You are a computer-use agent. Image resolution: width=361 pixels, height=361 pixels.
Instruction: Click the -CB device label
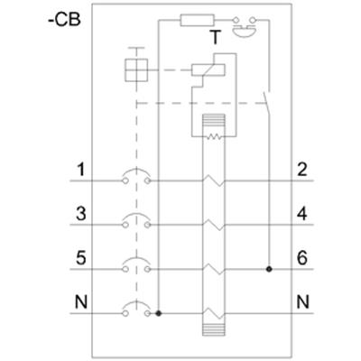tap(64, 20)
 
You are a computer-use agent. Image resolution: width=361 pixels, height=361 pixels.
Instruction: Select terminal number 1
tap(80, 170)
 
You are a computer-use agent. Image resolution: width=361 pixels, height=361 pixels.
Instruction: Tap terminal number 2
tap(301, 170)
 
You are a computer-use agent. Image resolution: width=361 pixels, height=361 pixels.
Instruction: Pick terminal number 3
tap(80, 214)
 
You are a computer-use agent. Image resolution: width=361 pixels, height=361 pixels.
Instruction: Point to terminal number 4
tap(301, 214)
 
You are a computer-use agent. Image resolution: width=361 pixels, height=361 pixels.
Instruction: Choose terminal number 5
tap(80, 258)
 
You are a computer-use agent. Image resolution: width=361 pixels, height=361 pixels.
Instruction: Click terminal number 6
tap(302, 258)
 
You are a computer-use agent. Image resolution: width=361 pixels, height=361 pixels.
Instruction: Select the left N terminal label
tap(80, 302)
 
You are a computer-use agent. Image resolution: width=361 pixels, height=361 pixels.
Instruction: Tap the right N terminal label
tap(302, 302)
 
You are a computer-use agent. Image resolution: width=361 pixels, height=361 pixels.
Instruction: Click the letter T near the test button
tap(215, 38)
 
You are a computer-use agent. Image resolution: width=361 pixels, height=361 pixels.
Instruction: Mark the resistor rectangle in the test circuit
tap(197, 20)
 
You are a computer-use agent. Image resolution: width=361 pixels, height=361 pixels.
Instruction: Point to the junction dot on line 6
tap(269, 269)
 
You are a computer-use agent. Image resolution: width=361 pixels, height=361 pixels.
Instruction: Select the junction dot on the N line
tap(159, 314)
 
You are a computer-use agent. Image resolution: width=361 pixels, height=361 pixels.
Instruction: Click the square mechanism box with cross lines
tap(136, 70)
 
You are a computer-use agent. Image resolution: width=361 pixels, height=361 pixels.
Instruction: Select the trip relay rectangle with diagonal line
tap(208, 69)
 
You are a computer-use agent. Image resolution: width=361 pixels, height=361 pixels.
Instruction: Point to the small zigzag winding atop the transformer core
tap(214, 137)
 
